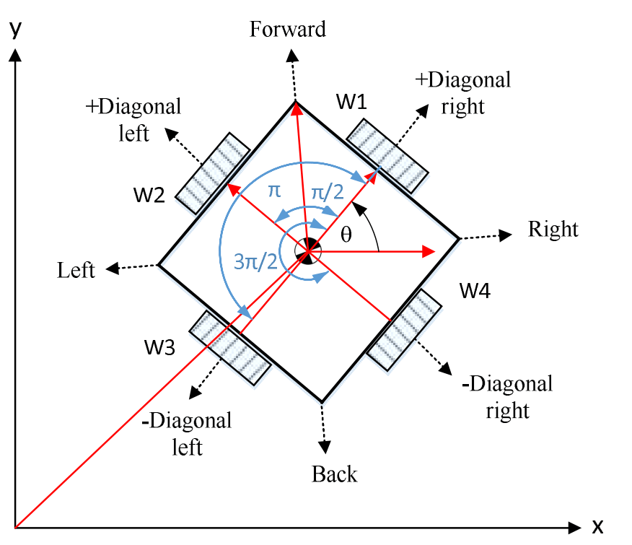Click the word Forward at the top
tap(288, 29)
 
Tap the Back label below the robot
tap(334, 474)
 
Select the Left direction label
tap(76, 270)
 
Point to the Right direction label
tap(553, 230)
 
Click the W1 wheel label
tap(352, 103)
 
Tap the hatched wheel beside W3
tap(230, 346)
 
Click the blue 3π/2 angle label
tap(255, 261)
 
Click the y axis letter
tap(14, 30)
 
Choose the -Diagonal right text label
tap(507, 396)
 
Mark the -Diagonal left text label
tap(188, 433)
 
